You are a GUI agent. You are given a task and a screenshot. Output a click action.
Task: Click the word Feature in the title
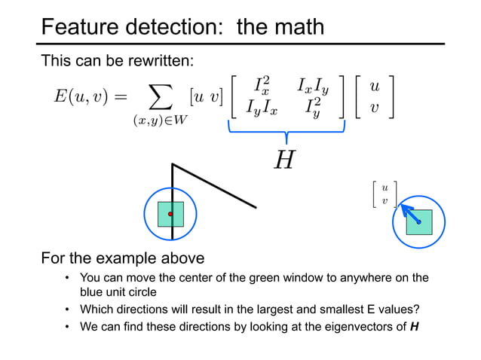82,27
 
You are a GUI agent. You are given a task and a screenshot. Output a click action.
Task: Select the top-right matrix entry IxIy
314,85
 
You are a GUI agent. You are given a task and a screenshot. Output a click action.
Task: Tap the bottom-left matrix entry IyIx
262,108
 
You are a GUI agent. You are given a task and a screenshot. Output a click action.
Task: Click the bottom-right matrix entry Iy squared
314,109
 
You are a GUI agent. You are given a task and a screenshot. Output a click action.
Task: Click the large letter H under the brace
285,160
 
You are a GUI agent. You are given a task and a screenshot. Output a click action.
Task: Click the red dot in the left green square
171,215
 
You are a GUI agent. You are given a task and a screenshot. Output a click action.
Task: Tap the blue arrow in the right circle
409,212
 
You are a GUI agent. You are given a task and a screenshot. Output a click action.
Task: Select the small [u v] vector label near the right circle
384,193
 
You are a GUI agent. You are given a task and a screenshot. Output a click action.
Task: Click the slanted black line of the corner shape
215,186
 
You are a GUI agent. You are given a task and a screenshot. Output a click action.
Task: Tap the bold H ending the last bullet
414,325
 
